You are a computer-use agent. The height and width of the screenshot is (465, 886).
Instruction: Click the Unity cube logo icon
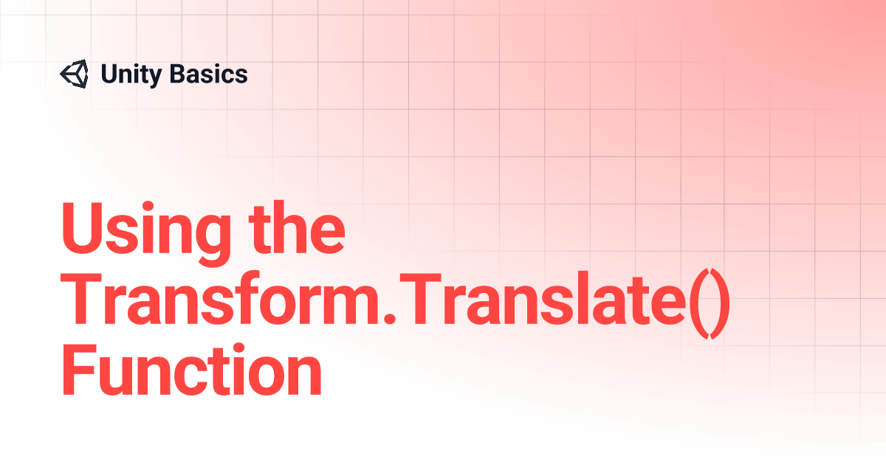[75, 74]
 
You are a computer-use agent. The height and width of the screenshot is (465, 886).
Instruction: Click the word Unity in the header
[131, 75]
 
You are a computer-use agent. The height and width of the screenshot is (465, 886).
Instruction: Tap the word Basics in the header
[208, 74]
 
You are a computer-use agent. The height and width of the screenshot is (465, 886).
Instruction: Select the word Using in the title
[146, 232]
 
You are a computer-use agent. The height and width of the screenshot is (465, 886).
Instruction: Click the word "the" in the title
[297, 227]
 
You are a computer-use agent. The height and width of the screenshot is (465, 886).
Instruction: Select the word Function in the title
[192, 369]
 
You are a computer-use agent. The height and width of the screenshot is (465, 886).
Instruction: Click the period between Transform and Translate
[390, 318]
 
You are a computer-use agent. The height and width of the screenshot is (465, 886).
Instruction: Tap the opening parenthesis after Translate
[699, 303]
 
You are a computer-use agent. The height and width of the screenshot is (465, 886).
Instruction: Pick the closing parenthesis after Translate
[720, 303]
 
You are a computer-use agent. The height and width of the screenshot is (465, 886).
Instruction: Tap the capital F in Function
[79, 369]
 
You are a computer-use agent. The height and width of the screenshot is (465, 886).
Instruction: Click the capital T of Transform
[81, 299]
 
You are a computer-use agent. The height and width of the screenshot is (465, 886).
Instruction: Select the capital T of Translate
[420, 299]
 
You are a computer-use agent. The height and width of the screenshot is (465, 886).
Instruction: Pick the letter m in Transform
[350, 305]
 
